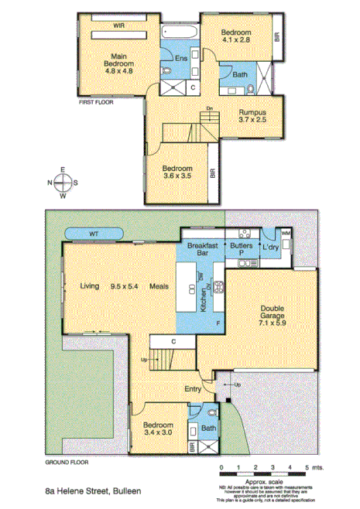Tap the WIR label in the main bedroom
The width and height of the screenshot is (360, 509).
118,26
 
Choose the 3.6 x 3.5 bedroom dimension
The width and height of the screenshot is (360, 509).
177,176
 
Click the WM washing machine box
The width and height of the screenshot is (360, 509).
285,233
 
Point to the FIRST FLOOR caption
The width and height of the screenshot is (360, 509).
95,101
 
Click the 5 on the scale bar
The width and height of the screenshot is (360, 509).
307,469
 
